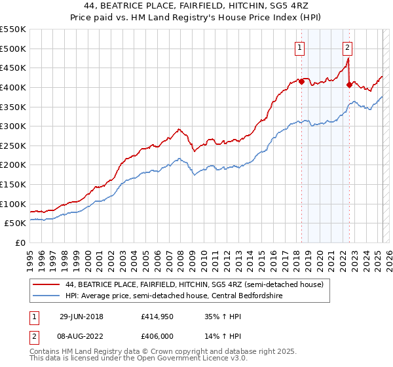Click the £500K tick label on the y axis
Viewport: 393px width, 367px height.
pos(13,48)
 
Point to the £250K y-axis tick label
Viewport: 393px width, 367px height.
pos(13,145)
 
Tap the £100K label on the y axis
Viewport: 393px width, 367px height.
pos(13,204)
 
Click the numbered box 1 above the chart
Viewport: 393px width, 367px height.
pos(299,47)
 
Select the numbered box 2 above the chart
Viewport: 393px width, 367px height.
pos(346,47)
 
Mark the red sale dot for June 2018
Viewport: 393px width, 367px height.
pos(301,81)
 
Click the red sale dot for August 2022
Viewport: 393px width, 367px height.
pos(348,85)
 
